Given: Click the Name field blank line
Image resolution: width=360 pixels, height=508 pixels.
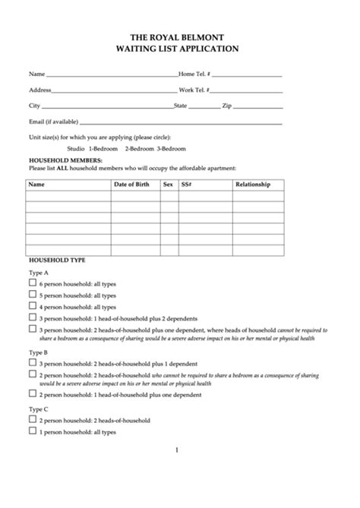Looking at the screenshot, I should point(112,76).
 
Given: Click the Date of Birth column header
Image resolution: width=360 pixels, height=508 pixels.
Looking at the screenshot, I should point(131,185).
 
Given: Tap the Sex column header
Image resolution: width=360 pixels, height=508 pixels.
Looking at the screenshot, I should point(168,185).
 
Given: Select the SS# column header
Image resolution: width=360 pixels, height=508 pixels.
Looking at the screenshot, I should point(186,185).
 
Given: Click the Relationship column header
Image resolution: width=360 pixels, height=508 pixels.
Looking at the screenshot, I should point(252,185).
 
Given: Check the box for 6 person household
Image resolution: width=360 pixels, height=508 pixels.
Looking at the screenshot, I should point(33,282).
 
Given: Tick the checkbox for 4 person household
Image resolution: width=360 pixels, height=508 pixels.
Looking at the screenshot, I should point(33,306).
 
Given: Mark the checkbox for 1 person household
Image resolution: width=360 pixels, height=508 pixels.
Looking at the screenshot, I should point(33,431).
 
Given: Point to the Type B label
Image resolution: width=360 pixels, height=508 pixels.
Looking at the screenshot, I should point(39,352).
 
